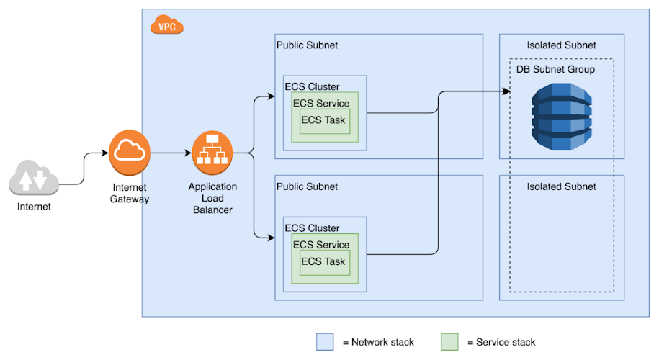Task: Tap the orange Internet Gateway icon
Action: [130, 152]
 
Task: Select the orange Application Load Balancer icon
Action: [212, 152]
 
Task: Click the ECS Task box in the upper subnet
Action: [323, 120]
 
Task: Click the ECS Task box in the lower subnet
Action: [323, 261]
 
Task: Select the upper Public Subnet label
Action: [307, 45]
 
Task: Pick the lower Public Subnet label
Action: [307, 186]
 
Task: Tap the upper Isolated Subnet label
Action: [561, 45]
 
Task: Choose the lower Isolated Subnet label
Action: [561, 186]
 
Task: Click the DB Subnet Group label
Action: [555, 69]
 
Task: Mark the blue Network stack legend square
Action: [326, 342]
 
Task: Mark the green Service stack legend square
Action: [449, 342]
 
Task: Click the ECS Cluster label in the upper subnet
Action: [312, 87]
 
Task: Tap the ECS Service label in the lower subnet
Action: [320, 245]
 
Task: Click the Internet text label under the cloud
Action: [35, 207]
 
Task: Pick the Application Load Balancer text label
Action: [212, 198]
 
